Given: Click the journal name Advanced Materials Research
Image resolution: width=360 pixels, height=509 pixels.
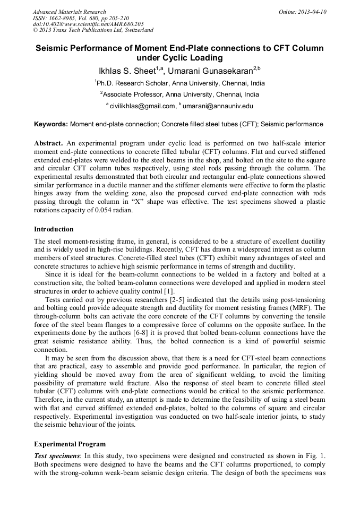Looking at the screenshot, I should [x=69, y=12].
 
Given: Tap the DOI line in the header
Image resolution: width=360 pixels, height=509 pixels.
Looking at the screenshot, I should [x=88, y=24].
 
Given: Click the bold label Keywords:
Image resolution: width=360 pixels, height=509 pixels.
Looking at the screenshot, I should [x=51, y=124].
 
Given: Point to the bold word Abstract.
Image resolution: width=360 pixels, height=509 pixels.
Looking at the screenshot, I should [x=48, y=144].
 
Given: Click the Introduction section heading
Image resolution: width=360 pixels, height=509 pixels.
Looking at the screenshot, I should [x=54, y=229].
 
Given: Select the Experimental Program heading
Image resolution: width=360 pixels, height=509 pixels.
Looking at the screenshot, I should [x=70, y=444].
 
